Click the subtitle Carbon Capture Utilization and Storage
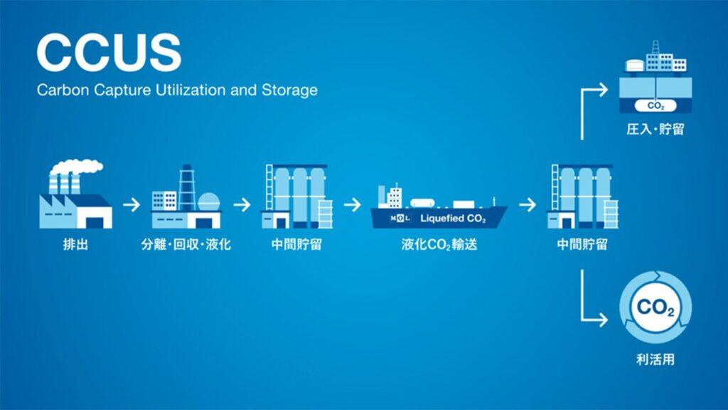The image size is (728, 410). pos(177,90)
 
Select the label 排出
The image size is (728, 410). pos(75,246)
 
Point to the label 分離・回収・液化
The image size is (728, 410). pos(186,246)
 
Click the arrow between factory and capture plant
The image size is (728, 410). pos(132,206)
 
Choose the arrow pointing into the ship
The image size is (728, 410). pos(353,206)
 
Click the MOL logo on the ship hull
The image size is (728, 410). pos(401,218)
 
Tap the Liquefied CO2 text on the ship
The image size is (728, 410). pos(454,218)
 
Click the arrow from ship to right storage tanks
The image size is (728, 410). pos(527,206)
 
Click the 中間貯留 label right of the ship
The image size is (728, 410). pos(582,246)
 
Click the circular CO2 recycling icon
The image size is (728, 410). pos(655,308)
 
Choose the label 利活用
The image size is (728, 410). pos(655,359)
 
